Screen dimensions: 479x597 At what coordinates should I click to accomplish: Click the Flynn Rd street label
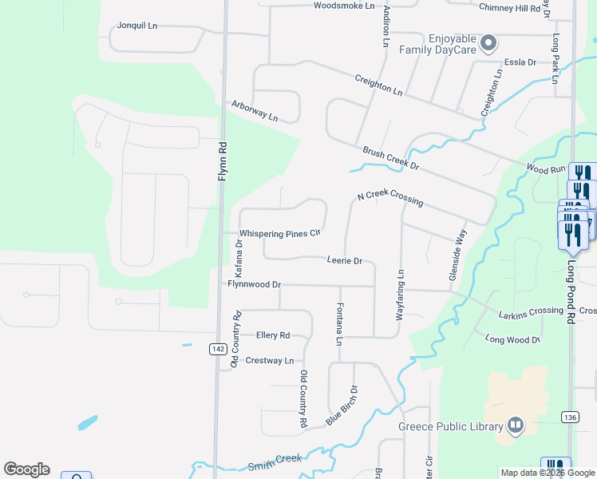pos(223,159)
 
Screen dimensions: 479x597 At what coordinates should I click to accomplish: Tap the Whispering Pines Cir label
pos(280,233)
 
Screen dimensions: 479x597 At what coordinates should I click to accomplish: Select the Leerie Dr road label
pos(345,261)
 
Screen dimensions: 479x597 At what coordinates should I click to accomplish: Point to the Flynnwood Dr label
pos(255,284)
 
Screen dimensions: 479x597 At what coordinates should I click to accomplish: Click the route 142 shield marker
pos(217,349)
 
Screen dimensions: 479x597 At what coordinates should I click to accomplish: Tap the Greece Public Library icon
pos(516,426)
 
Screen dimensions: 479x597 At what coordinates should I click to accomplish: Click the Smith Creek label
pos(276,459)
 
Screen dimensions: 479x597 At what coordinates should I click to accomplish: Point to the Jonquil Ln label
pos(137,26)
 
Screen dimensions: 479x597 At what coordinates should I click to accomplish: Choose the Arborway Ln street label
pos(255,111)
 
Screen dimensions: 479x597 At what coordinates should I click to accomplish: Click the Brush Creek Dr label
pos(390,158)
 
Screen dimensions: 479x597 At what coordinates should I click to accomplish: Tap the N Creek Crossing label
pos(389,199)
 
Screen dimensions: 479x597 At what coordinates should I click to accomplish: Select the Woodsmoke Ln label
pos(344,6)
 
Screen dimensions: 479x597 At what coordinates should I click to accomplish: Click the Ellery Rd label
pos(273,335)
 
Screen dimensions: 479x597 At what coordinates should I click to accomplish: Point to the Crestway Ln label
pos(270,361)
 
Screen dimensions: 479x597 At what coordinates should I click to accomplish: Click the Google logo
pos(26,469)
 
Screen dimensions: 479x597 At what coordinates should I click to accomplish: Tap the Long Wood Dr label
pos(513,340)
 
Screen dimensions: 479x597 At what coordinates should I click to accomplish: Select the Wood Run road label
pos(546,168)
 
